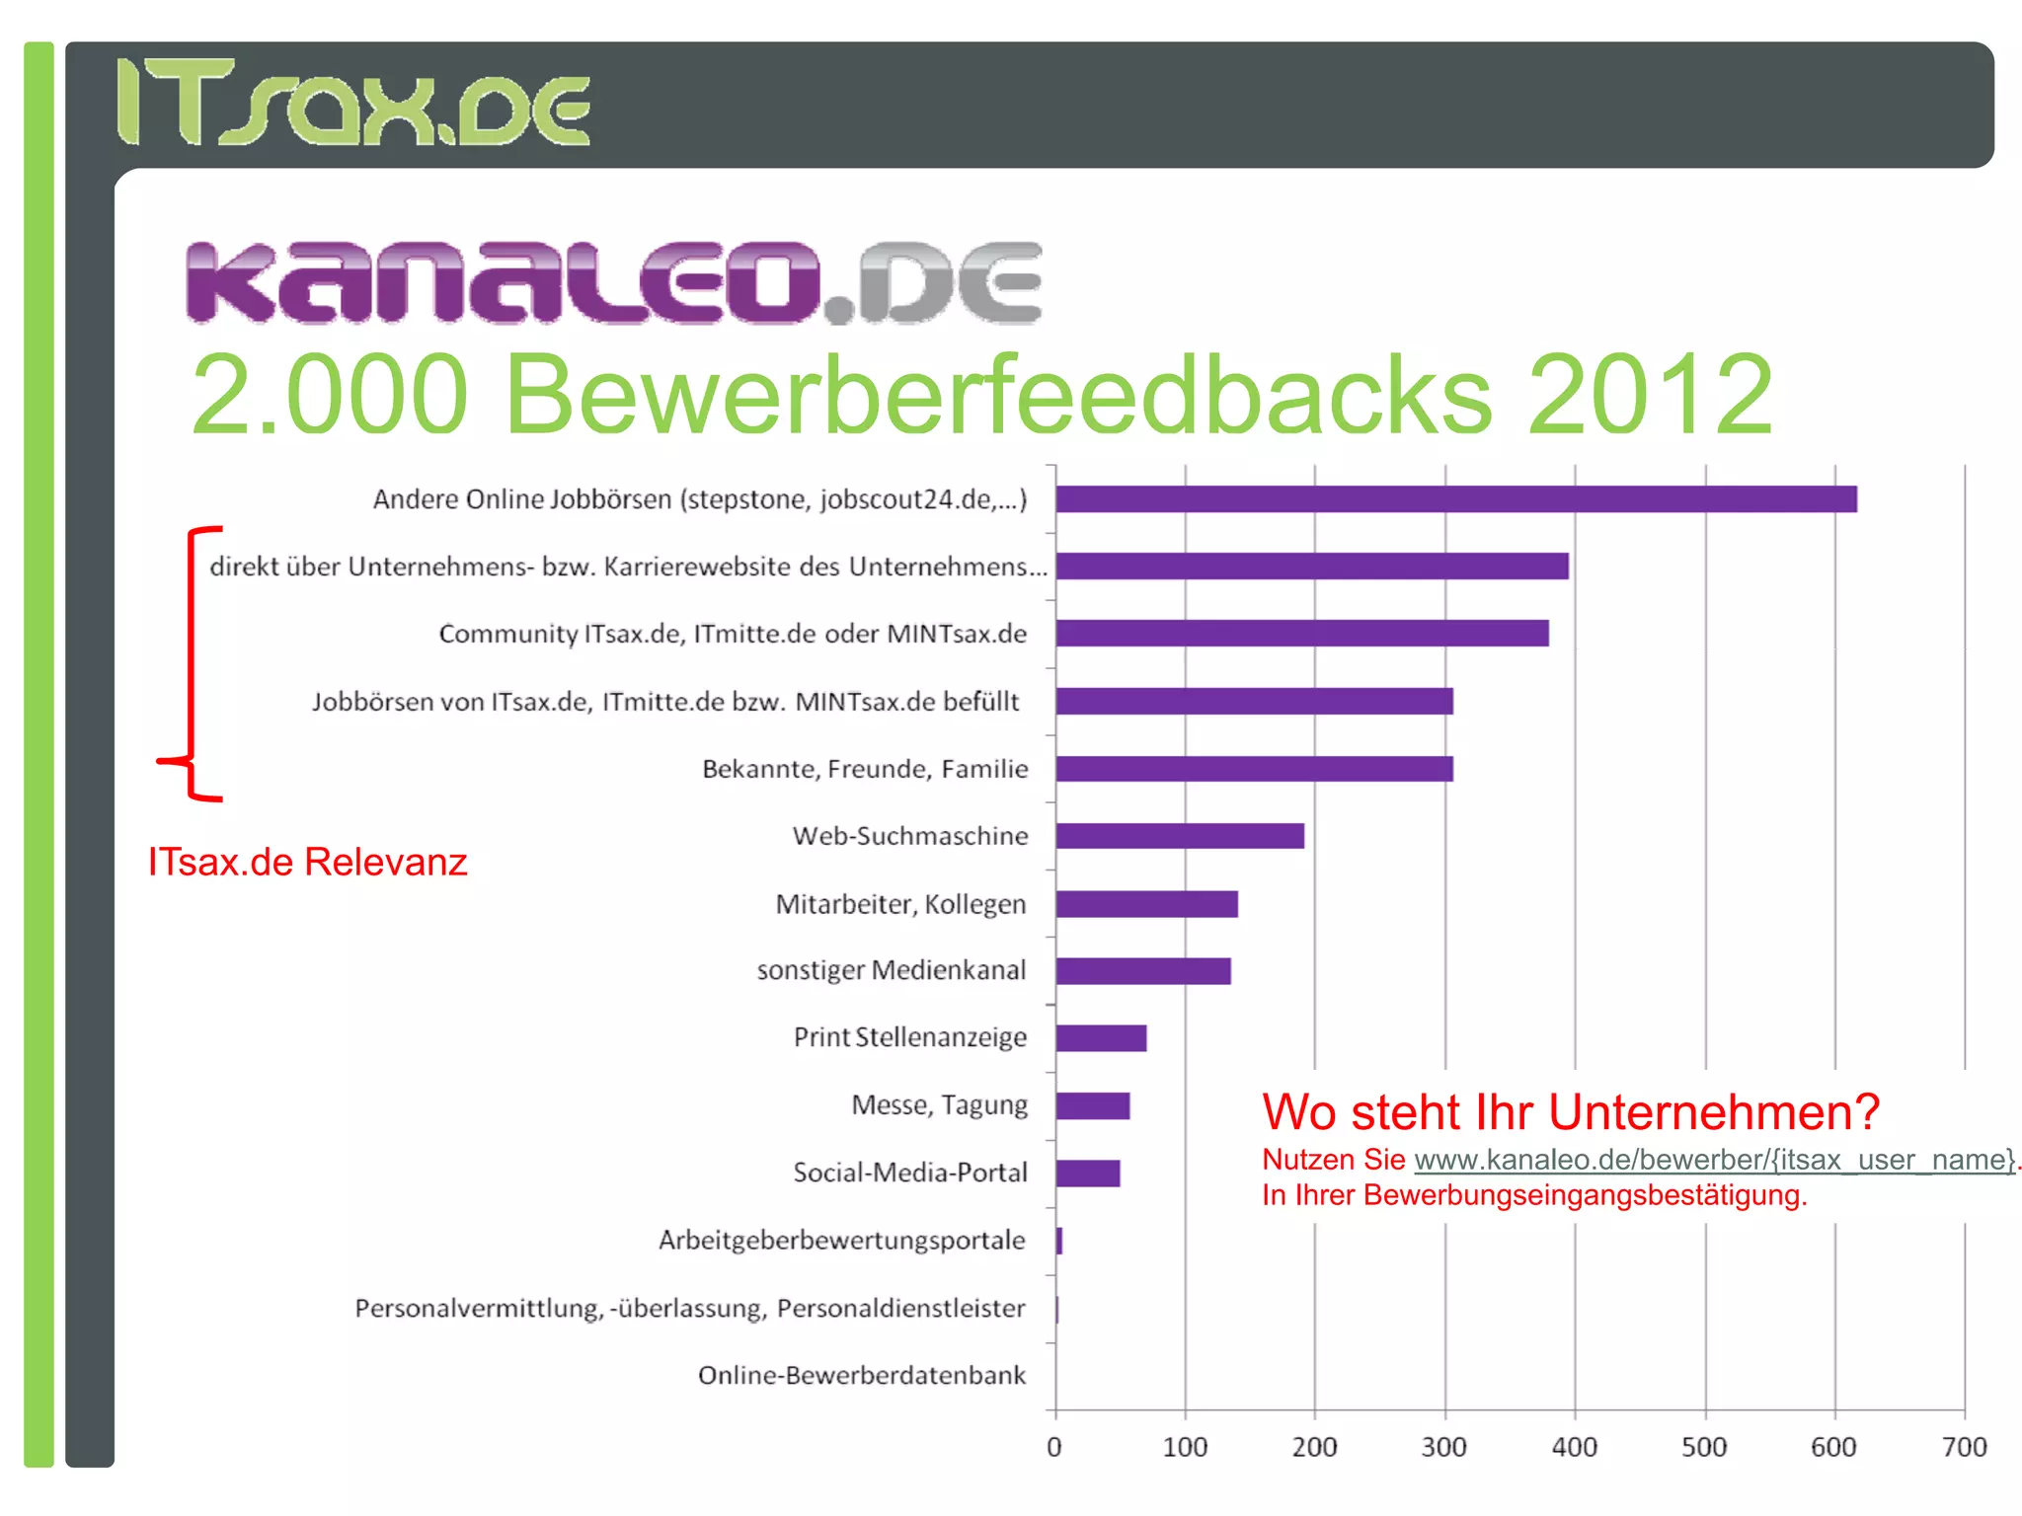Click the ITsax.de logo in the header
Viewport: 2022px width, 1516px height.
tap(353, 103)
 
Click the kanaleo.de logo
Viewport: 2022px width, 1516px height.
tap(612, 282)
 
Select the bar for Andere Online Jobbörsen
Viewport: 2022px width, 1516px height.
tap(1455, 499)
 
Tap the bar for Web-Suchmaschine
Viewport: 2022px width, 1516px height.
tap(1180, 836)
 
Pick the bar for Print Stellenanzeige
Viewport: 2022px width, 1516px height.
tap(1101, 1038)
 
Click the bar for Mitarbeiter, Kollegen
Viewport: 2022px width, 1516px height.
tap(1146, 904)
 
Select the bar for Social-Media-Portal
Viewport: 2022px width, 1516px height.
tap(1088, 1174)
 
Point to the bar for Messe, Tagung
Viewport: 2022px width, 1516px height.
tap(1093, 1106)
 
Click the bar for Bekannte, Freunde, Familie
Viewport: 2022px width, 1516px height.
tap(1254, 769)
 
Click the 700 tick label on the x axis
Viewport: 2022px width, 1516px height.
tap(1964, 1447)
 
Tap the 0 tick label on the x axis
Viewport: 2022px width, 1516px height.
tap(1054, 1447)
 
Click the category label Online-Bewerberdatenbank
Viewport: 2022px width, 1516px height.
tap(862, 1375)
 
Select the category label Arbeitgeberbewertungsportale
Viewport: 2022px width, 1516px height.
tap(842, 1241)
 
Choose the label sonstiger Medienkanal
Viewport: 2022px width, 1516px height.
tap(892, 970)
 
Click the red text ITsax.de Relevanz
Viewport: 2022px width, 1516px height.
tap(307, 862)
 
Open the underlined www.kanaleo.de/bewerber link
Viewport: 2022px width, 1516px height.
tap(1714, 1160)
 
